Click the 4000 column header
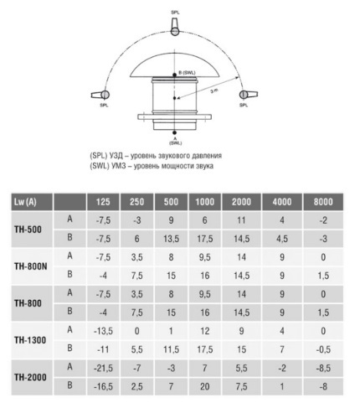[x=282, y=202]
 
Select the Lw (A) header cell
[x=32, y=202]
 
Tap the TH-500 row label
[x=28, y=230]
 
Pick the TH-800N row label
[x=31, y=266]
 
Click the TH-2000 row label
[x=30, y=377]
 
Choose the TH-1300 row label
[x=30, y=340]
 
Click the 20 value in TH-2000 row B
[x=205, y=386]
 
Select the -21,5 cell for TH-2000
[x=103, y=368]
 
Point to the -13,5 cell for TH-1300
[x=103, y=331]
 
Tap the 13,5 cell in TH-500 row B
[x=171, y=239]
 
